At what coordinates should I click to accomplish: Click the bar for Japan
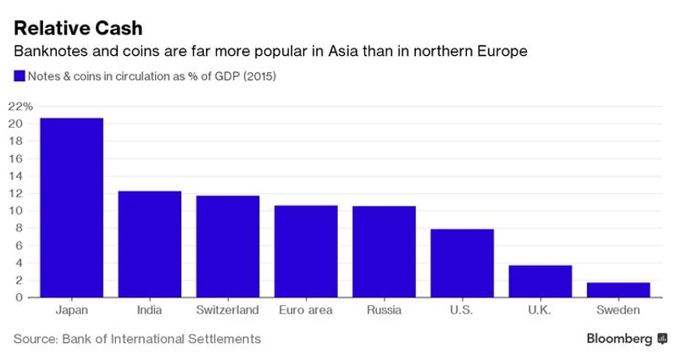click(71, 208)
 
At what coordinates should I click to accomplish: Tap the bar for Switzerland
click(227, 246)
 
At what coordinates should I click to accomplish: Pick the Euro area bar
click(306, 251)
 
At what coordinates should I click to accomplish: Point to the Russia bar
click(384, 252)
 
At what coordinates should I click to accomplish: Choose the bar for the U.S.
click(462, 263)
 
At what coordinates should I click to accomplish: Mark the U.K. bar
click(540, 281)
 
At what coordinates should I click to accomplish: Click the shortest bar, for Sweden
click(618, 290)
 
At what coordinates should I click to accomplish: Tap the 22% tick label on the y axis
click(19, 106)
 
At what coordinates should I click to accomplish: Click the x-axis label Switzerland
click(227, 311)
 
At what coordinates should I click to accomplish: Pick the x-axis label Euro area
click(305, 311)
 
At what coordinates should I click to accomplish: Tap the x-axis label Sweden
click(618, 311)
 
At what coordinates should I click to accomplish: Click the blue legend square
click(19, 76)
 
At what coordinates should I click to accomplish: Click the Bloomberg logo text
click(620, 339)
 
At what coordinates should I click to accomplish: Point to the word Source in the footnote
click(33, 339)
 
